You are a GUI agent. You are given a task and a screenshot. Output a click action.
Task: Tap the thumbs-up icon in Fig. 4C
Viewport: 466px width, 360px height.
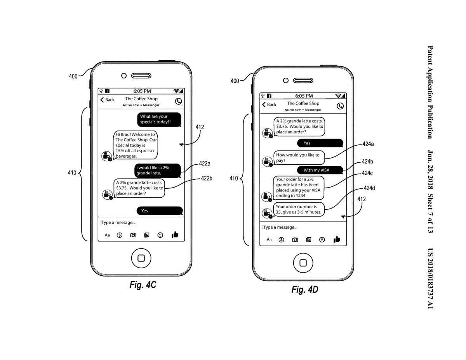(x=175, y=235)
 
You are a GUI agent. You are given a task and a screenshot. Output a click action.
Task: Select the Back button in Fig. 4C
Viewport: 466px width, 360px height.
(x=108, y=100)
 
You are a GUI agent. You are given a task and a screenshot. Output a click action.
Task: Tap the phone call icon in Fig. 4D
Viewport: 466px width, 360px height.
(x=340, y=106)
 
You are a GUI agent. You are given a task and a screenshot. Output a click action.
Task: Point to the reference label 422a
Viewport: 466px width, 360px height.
(x=205, y=164)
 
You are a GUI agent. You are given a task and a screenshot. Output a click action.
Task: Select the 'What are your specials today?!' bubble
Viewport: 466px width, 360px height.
(x=159, y=119)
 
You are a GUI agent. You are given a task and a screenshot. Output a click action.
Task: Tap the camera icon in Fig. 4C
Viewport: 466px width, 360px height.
(x=133, y=235)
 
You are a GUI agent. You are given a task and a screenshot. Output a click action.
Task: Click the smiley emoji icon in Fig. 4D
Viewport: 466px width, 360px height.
(x=322, y=240)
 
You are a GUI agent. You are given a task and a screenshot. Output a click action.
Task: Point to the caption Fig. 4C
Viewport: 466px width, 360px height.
(x=143, y=285)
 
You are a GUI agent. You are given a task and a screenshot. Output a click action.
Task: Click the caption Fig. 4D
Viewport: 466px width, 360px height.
(x=305, y=290)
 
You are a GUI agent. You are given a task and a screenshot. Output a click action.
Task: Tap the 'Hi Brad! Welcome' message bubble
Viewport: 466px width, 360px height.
(x=136, y=145)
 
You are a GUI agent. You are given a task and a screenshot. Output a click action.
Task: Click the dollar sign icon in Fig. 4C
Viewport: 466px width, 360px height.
(x=119, y=235)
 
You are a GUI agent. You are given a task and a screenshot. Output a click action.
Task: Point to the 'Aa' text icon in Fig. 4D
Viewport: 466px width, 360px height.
(x=269, y=240)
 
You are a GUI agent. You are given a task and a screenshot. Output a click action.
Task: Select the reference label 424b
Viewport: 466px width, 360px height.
(x=367, y=162)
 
